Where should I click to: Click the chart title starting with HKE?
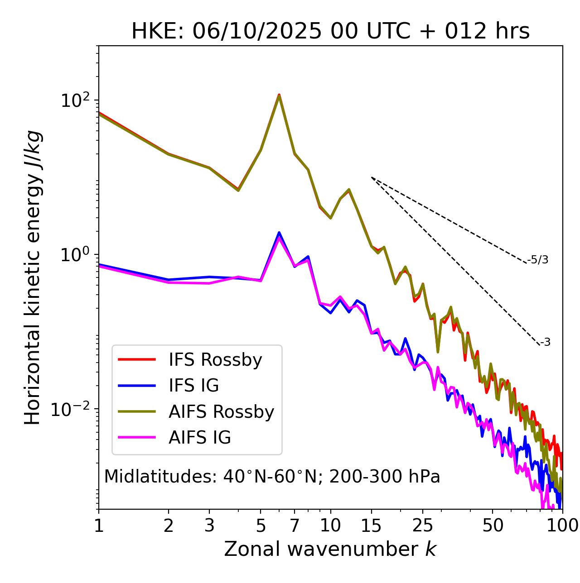coord(330,32)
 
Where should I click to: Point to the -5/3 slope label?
coord(538,260)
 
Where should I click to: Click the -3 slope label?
coord(545,343)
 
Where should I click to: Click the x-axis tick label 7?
coord(295,526)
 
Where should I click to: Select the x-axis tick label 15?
coord(371,526)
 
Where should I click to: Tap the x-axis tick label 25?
coord(423,526)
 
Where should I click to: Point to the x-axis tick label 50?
coord(493,526)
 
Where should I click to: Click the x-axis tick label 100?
coord(562,526)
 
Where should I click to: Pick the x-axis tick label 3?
coord(209,526)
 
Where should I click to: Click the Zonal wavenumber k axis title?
coord(330,549)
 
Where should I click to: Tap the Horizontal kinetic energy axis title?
coord(33,277)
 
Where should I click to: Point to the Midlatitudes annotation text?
coord(272,477)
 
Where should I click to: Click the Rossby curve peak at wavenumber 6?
coord(279,95)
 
